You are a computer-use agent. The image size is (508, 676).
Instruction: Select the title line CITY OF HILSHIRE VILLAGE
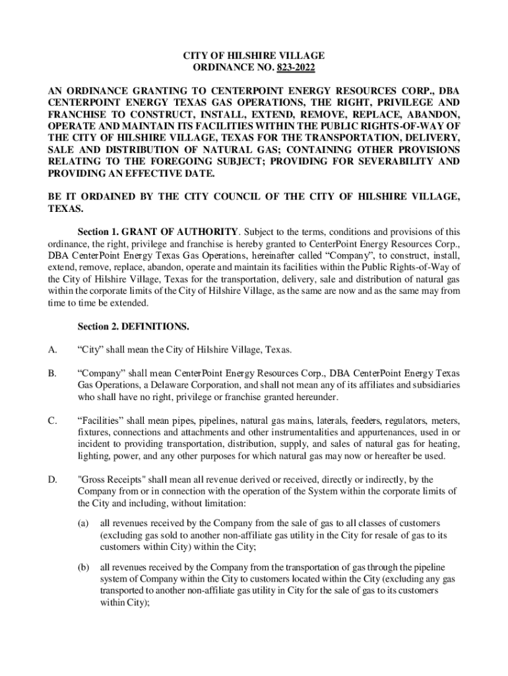point(254,56)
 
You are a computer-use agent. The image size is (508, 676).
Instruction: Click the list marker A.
point(53,349)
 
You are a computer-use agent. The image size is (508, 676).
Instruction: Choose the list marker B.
point(53,374)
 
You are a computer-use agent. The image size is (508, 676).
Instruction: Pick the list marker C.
point(53,421)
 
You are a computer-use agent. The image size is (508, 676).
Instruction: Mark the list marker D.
point(53,479)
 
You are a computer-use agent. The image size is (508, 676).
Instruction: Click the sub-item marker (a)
point(84,523)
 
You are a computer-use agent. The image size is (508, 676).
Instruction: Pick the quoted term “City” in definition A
point(90,349)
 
